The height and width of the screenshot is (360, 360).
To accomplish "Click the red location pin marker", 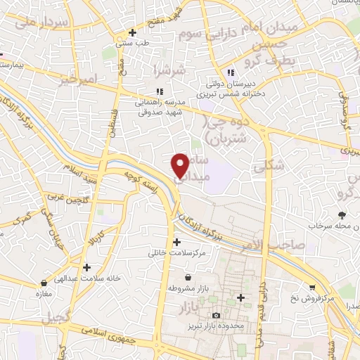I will [181, 165].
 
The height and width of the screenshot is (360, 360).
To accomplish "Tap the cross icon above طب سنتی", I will [133, 32].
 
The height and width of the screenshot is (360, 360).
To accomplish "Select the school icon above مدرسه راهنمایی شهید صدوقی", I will [159, 91].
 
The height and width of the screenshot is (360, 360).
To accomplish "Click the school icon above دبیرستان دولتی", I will [230, 72].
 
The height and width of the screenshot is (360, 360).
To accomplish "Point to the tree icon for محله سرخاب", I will [342, 215].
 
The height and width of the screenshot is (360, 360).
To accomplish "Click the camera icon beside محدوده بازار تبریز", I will [216, 316].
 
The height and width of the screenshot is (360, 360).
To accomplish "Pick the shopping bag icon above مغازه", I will [44, 283].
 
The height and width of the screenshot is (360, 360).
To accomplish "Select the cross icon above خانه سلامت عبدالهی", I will [86, 267].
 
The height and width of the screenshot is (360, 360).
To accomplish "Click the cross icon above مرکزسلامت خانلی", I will [176, 242].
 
